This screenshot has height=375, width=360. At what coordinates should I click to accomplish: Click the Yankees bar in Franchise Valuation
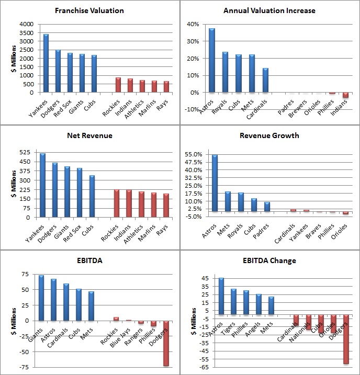[x=46, y=63]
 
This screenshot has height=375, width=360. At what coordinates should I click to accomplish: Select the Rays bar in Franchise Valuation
[x=166, y=87]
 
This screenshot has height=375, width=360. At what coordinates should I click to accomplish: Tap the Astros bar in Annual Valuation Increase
[x=212, y=60]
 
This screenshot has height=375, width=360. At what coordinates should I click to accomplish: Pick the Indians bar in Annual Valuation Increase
[x=345, y=95]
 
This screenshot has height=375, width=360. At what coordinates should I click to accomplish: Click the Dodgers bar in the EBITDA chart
[x=166, y=344]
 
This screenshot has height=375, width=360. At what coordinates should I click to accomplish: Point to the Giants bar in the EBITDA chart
[x=41, y=298]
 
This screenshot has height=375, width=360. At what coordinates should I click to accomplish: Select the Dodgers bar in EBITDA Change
[x=346, y=339]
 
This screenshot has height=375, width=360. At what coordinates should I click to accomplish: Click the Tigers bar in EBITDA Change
[x=233, y=302]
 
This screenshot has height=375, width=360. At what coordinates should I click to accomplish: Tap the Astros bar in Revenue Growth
[x=215, y=183]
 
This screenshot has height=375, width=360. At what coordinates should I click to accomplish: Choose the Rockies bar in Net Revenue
[x=117, y=203]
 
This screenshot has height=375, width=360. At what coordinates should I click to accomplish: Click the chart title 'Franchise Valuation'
[x=89, y=10]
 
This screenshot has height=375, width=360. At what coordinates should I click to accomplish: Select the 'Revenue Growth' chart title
[x=269, y=135]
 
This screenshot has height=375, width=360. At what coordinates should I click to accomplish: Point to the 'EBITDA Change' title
[x=269, y=260]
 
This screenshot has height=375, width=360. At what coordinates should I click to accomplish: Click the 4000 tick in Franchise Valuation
[x=27, y=24]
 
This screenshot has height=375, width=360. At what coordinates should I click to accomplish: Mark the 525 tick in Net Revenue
[x=25, y=152]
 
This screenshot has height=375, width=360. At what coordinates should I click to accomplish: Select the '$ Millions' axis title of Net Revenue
[x=14, y=184]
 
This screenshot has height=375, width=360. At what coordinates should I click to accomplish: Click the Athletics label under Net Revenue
[x=133, y=234]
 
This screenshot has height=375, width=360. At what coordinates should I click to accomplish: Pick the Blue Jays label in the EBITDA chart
[x=120, y=337]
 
